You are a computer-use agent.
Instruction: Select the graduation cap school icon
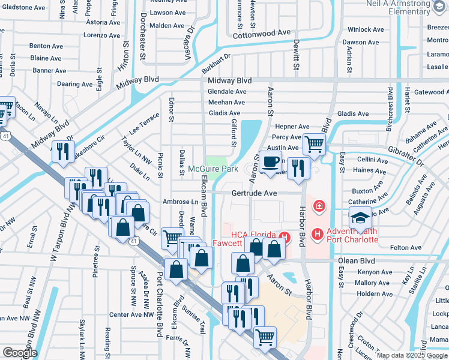pyautogui.click(x=361, y=217)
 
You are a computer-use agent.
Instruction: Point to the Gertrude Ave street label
pyautogui.click(x=255, y=193)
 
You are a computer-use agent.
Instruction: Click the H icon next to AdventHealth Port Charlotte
pyautogui.click(x=318, y=232)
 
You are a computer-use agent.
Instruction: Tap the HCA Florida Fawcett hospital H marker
pyautogui.click(x=287, y=238)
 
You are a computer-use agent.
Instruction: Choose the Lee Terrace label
pyautogui.click(x=144, y=124)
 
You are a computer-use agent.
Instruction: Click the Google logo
pyautogui.click(x=20, y=352)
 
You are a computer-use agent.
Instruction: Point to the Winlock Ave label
pyautogui.click(x=367, y=29)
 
